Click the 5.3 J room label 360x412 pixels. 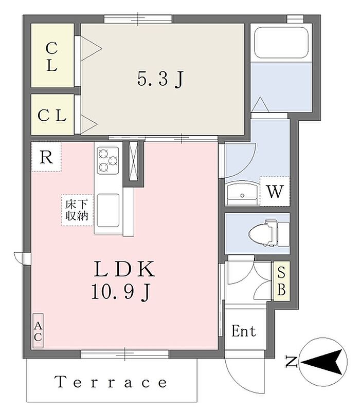click(160, 79)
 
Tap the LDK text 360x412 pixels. click(124, 269)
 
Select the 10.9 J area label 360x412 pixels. click(121, 292)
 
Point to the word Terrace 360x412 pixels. click(111, 382)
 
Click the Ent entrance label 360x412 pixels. click(243, 331)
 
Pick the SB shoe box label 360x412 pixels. click(282, 281)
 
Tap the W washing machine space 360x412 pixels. click(275, 191)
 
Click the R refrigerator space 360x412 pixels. click(46, 157)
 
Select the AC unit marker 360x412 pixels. click(38, 331)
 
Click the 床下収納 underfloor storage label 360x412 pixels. click(77, 210)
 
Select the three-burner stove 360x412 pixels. click(108, 160)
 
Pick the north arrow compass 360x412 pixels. click(323, 362)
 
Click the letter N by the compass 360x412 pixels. click(291, 362)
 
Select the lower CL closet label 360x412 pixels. click(52, 116)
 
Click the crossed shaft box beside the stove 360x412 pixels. click(134, 161)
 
